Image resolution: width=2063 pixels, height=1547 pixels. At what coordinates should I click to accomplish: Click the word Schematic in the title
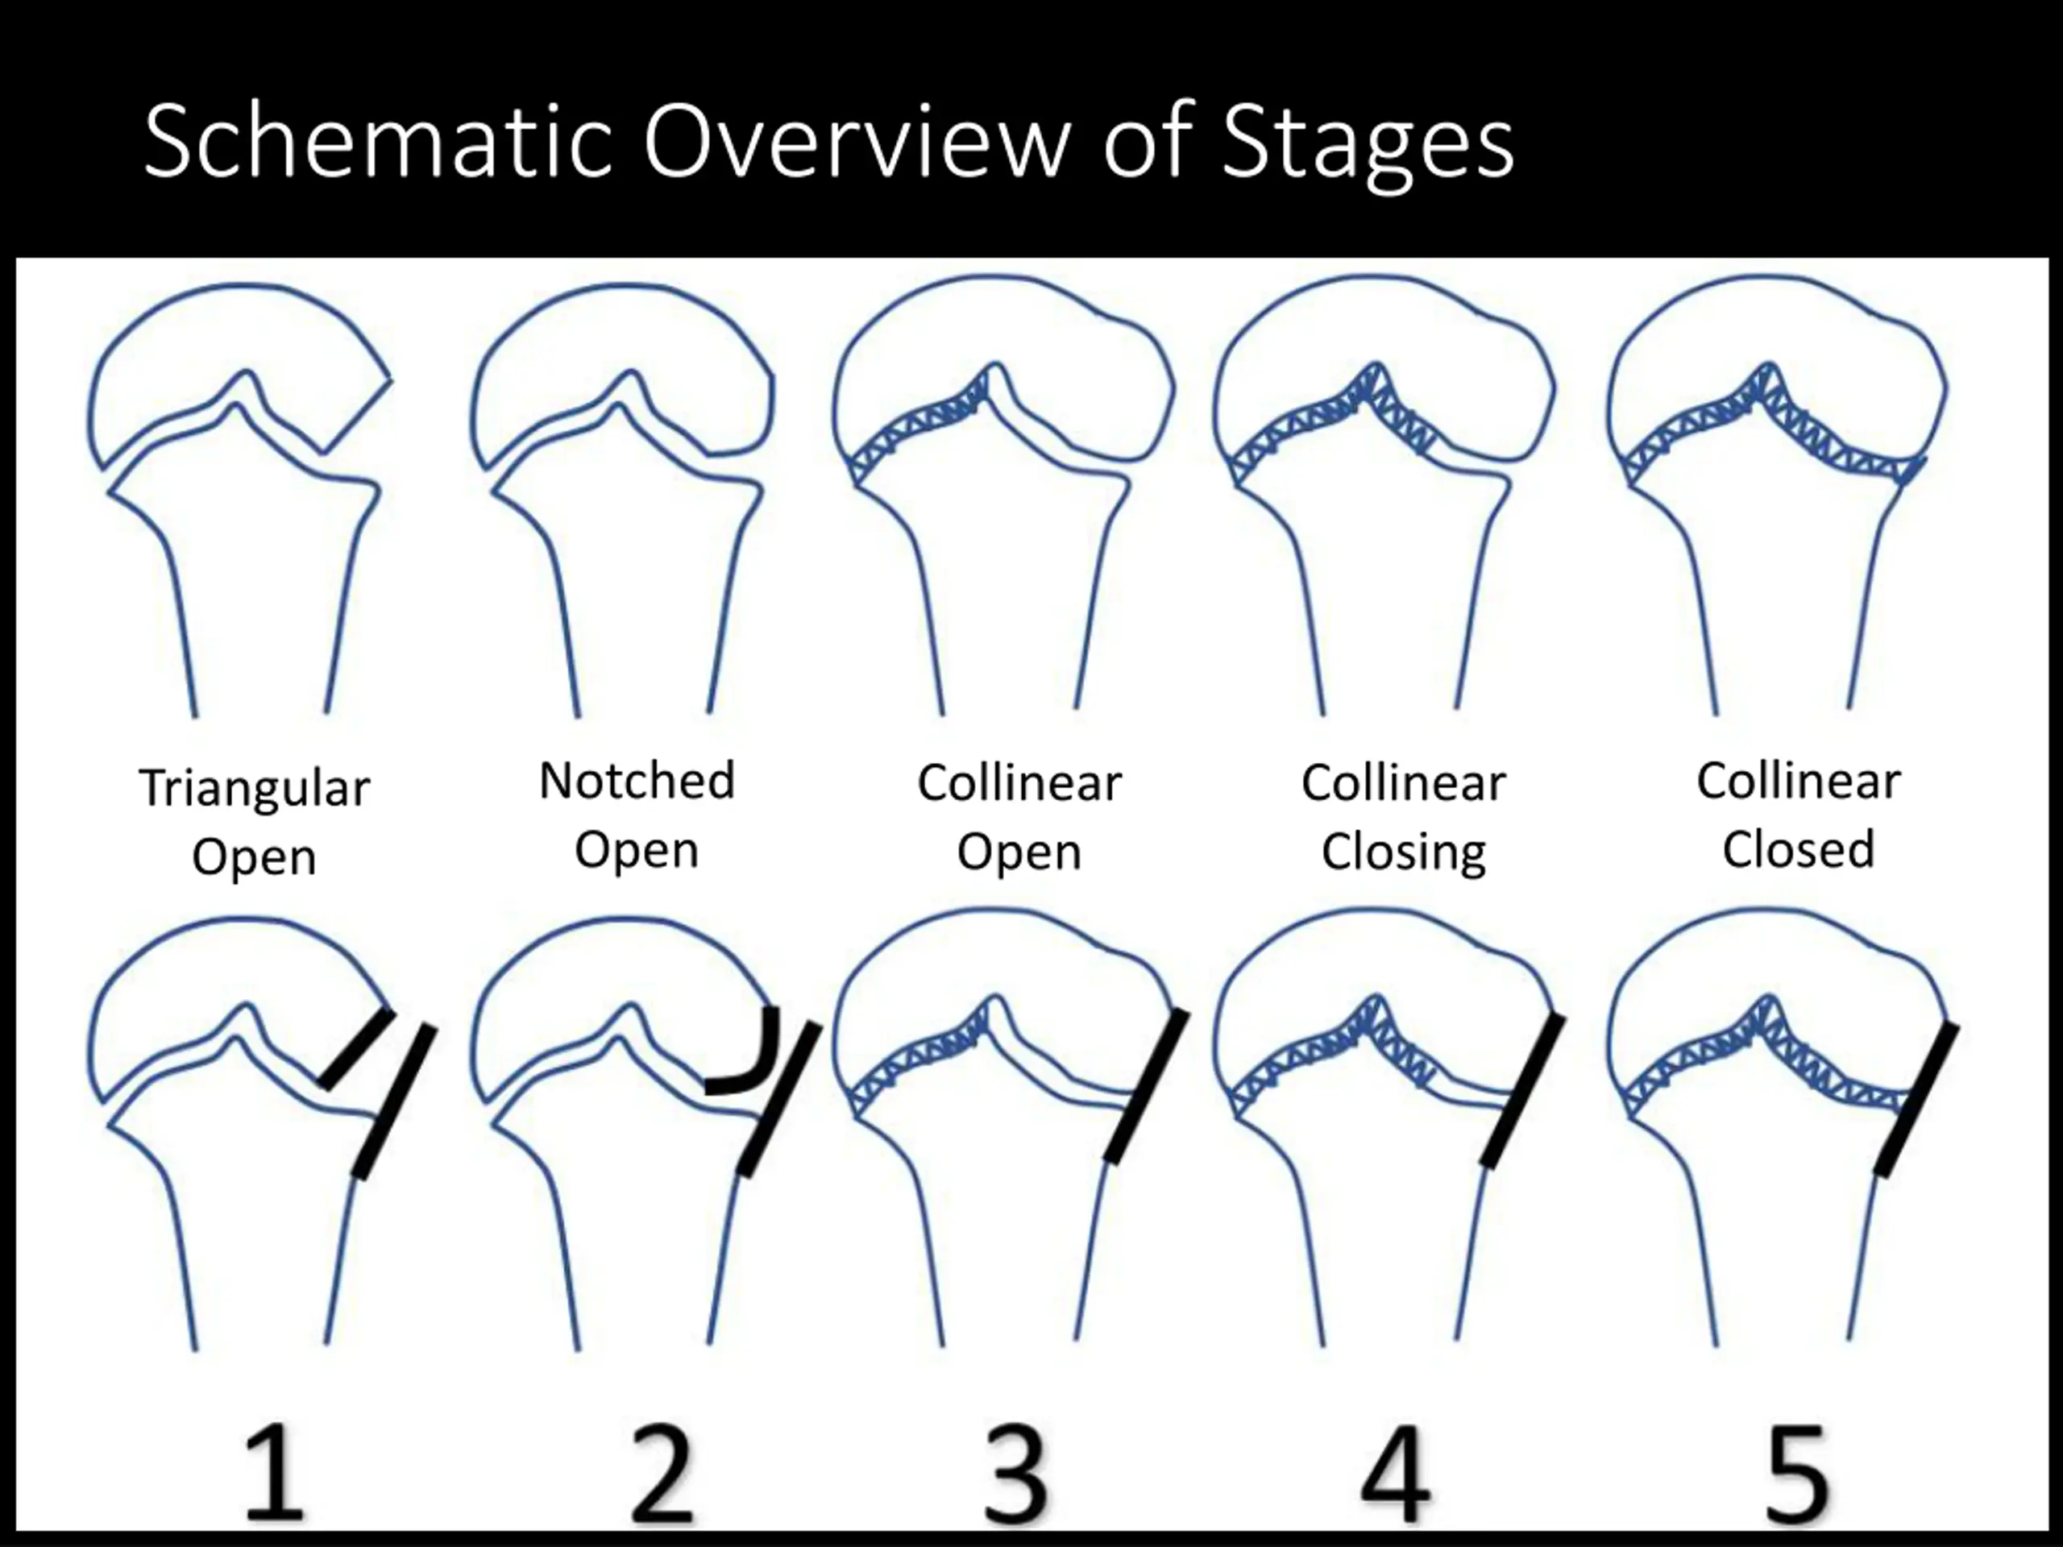(377, 142)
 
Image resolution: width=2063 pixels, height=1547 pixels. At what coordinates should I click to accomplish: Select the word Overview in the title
(855, 142)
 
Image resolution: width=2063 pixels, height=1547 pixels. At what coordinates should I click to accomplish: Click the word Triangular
(255, 789)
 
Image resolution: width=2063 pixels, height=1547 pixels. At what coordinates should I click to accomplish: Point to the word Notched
(637, 781)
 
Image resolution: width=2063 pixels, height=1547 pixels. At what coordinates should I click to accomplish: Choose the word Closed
(1798, 849)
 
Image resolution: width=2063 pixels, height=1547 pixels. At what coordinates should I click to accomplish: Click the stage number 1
(273, 1475)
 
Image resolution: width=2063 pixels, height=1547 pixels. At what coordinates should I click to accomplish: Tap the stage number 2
(662, 1475)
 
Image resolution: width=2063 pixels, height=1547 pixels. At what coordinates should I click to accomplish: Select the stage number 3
(1016, 1475)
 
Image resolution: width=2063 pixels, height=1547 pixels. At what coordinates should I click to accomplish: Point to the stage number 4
(1395, 1475)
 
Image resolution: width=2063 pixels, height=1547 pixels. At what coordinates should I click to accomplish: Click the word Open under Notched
(637, 850)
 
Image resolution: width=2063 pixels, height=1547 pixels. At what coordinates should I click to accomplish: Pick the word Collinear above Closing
(1404, 782)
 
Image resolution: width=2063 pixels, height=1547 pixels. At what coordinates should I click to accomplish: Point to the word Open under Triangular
(255, 858)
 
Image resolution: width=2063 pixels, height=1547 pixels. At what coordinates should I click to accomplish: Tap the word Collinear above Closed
(1798, 781)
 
